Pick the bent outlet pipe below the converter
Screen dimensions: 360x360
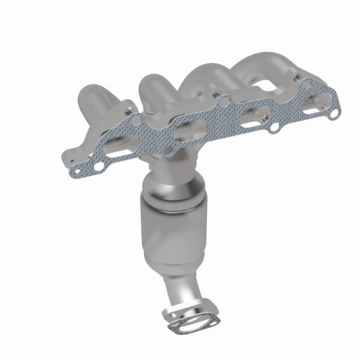(182, 291)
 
